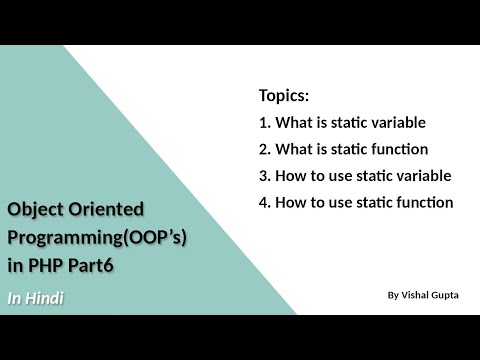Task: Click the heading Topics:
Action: coord(284,97)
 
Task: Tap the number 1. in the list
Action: coord(264,123)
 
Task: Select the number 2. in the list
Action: coord(264,149)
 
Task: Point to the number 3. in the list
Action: coord(264,175)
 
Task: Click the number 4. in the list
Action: coord(264,201)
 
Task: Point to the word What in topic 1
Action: coord(293,123)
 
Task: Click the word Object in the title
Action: coord(34,209)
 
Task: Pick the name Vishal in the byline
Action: coord(417,295)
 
